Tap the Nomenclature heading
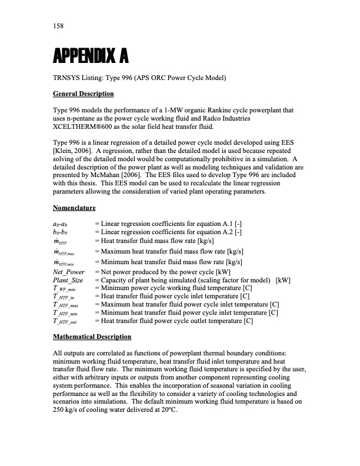coord(74,208)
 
